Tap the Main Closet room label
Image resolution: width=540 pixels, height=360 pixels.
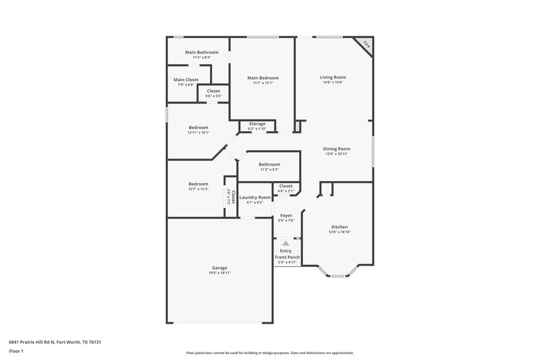(186, 80)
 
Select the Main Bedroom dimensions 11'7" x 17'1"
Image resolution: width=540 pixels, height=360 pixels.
(263, 84)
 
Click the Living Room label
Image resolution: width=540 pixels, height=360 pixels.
(333, 77)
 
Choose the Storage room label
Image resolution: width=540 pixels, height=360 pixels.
(256, 124)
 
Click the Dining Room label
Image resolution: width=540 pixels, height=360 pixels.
(335, 149)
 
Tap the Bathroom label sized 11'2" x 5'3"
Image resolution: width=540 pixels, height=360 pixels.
(269, 164)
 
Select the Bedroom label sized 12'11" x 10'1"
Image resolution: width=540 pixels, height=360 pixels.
(198, 128)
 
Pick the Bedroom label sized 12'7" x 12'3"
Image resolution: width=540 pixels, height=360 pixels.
(198, 184)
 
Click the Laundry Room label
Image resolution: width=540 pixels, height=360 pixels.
(254, 197)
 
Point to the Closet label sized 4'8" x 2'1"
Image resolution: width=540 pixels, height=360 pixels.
(286, 186)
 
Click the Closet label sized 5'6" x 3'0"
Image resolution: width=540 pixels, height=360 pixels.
(213, 91)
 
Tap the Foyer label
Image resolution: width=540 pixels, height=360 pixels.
(286, 215)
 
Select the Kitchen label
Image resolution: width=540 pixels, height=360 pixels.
(340, 227)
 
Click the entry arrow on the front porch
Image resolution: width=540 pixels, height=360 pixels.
(286, 243)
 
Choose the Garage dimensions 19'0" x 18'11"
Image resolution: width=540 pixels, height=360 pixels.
(219, 273)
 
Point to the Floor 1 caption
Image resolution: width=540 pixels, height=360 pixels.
(17, 351)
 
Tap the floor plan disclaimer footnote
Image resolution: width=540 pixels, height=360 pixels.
(269, 353)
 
